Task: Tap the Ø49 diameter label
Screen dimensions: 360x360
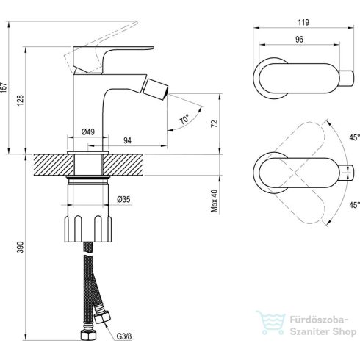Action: click(x=87, y=132)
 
